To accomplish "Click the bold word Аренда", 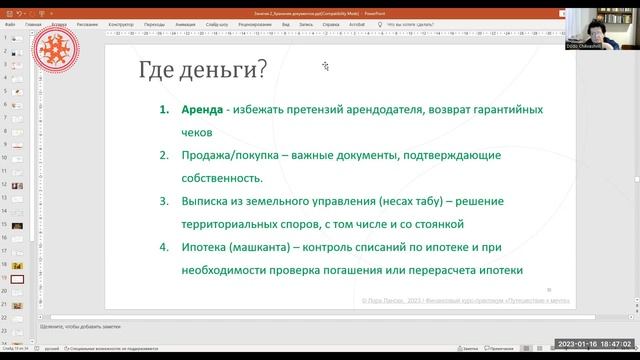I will click(204, 108).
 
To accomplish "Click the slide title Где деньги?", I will click(202, 70).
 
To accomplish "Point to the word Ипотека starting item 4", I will click(210, 247).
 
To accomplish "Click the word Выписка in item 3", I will click(210, 201).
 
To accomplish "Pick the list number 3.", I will click(164, 201).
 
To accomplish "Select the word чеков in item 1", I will click(198, 131).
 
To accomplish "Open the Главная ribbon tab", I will click(34, 22).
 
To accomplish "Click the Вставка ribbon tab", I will click(60, 22).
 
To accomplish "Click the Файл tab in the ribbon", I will click(9, 22).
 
